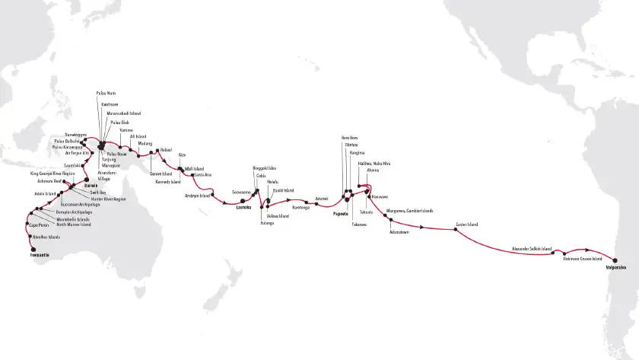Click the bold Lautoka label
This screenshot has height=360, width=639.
243,206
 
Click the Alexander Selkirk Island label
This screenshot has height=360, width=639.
531,248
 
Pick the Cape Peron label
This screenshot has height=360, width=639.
39,225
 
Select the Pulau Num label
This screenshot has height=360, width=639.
106,93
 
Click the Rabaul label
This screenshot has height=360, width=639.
167,149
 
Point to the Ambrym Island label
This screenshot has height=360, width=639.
197,195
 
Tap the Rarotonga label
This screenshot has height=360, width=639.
300,206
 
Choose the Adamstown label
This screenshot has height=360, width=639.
399,232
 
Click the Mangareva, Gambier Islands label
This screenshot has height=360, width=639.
409,210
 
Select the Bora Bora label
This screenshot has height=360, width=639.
349,137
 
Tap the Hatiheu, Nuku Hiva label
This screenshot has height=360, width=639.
374,164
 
